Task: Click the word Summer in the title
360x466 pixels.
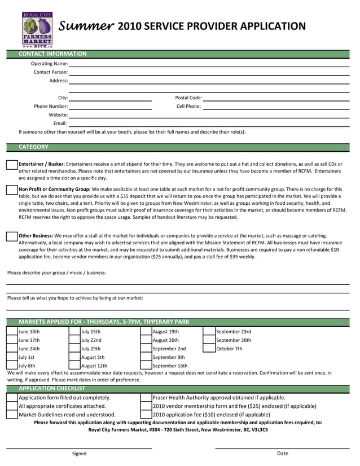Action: click(87, 26)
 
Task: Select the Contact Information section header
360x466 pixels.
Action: click(52, 54)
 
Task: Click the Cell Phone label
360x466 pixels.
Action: click(188, 106)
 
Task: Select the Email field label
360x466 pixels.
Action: click(60, 123)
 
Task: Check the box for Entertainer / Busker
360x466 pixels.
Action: click(12, 164)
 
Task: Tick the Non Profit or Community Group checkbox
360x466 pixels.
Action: click(12, 190)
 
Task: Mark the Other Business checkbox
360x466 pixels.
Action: click(12, 236)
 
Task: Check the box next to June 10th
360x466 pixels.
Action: click(12, 332)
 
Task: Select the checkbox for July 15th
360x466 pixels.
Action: click(74, 332)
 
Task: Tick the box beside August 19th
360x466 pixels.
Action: click(146, 332)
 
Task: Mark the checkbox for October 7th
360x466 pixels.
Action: click(209, 349)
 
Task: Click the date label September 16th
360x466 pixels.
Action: click(170, 366)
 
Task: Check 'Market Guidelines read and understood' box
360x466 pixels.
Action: click(12, 415)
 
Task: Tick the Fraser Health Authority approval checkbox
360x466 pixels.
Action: click(146, 398)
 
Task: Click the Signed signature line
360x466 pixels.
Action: click(79, 448)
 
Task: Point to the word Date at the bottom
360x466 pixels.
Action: click(282, 454)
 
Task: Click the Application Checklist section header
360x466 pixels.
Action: click(52, 388)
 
